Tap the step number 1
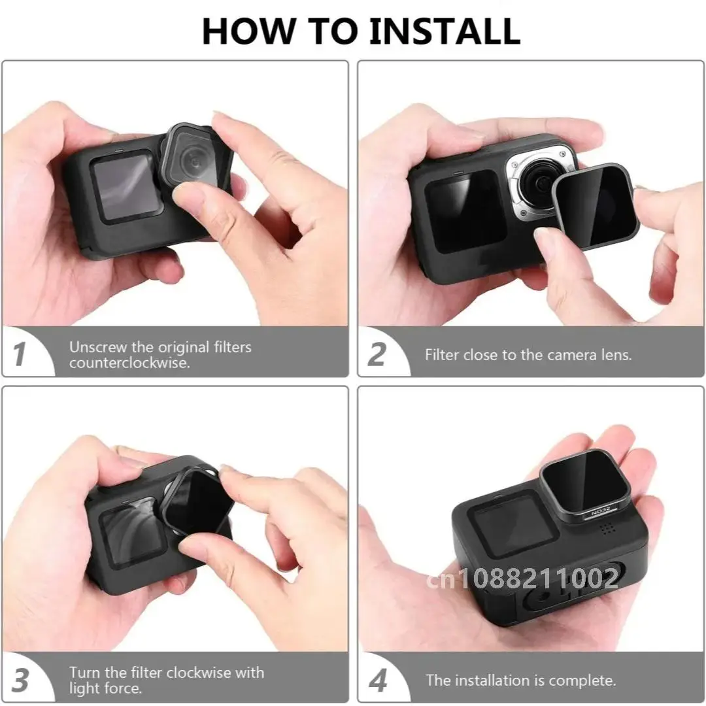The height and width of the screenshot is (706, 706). point(20,354)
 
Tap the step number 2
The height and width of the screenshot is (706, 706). point(377,354)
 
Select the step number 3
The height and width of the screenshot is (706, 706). point(20,680)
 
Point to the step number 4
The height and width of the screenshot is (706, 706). point(377,680)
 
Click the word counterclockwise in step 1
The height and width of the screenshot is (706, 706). point(129,363)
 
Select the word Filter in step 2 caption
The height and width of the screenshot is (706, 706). point(442,355)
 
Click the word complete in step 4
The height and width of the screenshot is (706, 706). point(582,680)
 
